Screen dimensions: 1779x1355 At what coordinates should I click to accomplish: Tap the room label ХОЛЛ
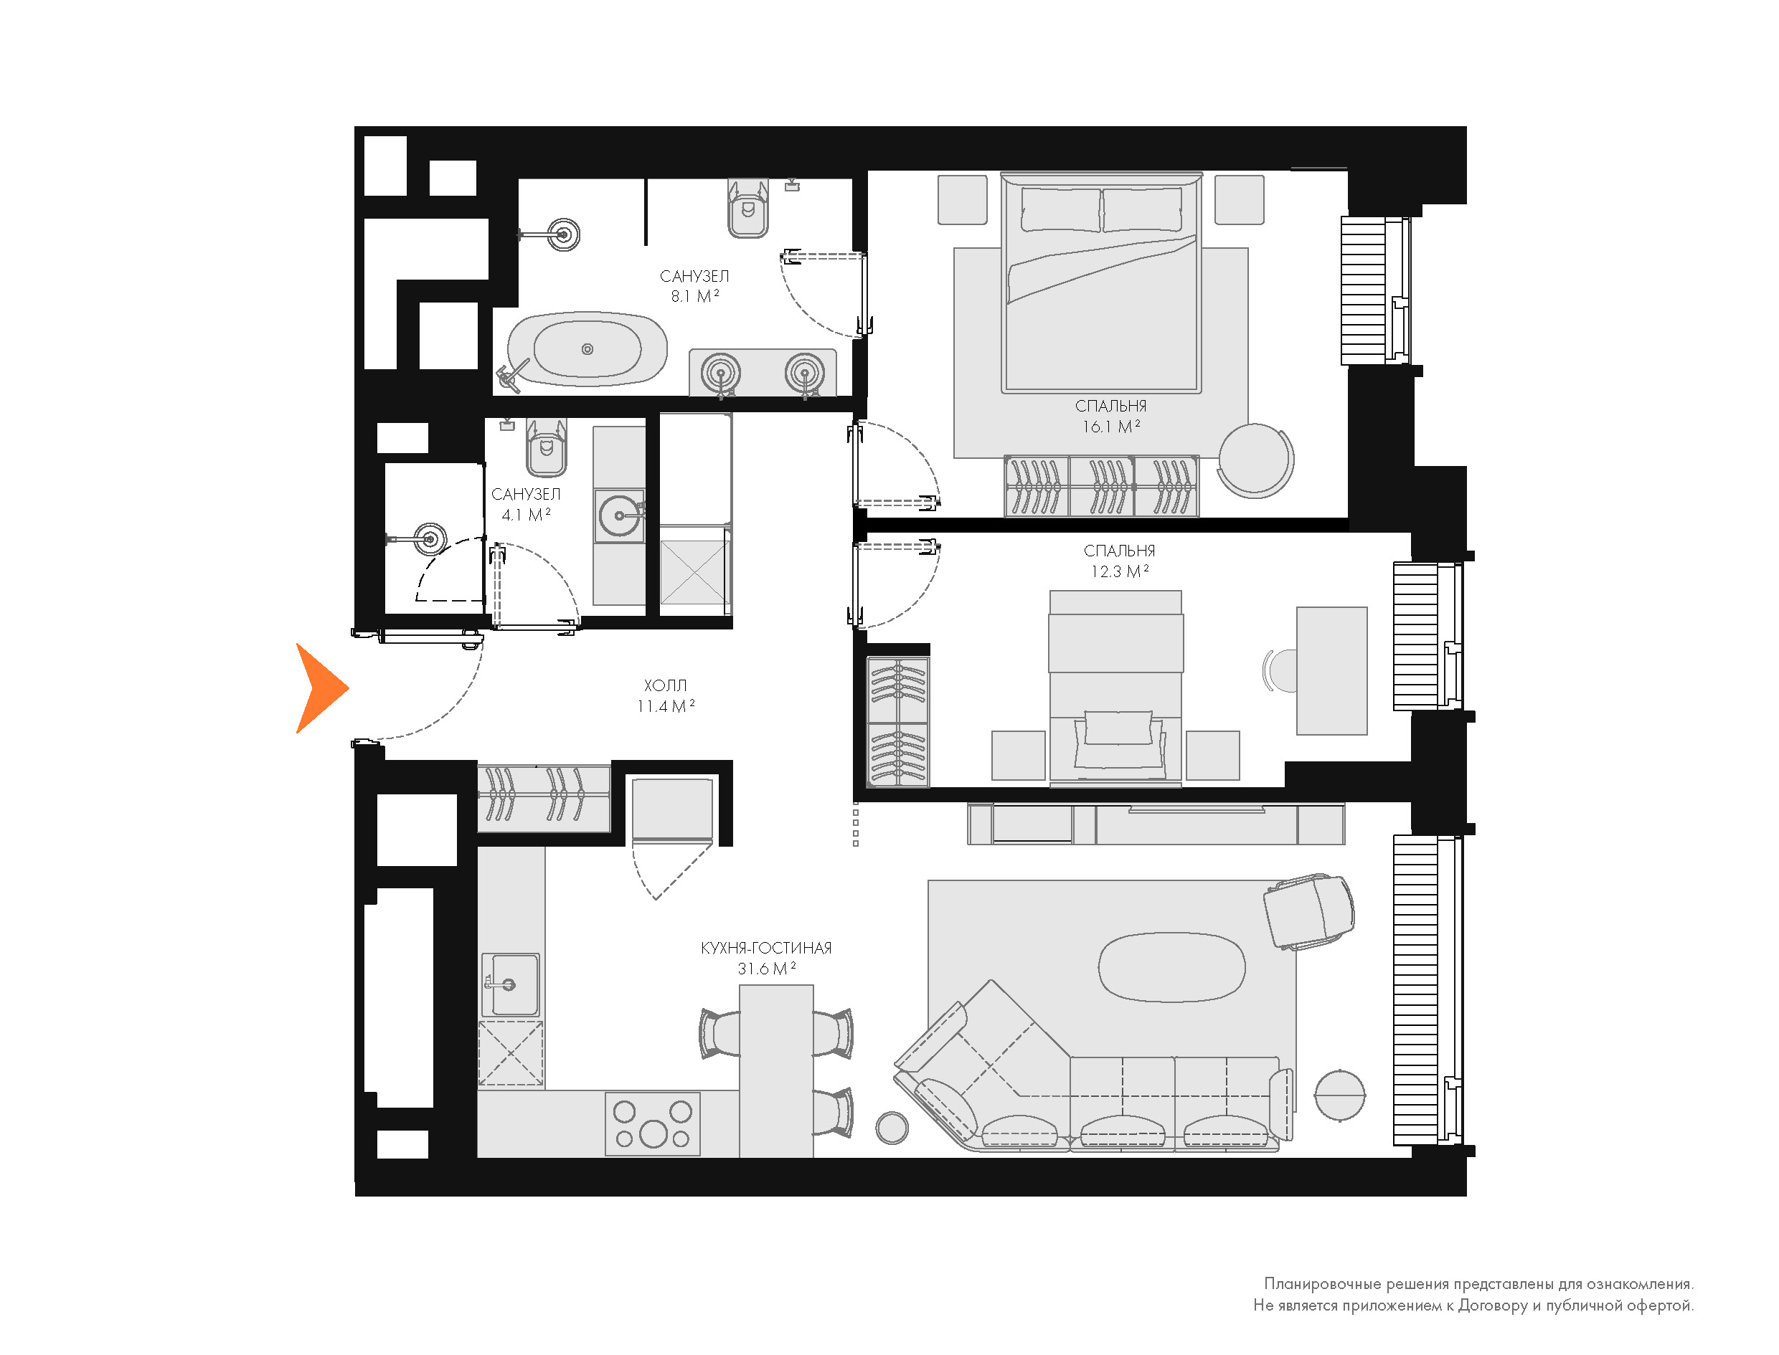coord(666,685)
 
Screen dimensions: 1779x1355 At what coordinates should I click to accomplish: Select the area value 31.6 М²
coord(766,969)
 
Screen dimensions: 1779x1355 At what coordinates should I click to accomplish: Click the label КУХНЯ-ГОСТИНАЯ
coord(766,948)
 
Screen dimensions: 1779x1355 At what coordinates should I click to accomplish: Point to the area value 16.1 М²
coord(1111,427)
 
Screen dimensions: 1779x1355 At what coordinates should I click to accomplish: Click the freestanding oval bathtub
coord(588,349)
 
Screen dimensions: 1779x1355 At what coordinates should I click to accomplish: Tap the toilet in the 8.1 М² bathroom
coord(749,208)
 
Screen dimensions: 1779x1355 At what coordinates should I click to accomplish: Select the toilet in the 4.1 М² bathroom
coord(546,447)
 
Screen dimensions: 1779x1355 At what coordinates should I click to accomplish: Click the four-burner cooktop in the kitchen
coord(653,1123)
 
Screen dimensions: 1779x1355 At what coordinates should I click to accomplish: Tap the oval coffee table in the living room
coord(1171,967)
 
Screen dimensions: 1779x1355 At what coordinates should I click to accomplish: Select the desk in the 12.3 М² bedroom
coord(1332,671)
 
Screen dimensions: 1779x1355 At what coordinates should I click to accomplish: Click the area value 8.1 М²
coord(694,296)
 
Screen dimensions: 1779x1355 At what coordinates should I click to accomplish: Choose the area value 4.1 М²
coord(526,515)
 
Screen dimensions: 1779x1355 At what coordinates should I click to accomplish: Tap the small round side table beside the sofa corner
coord(892,1128)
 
